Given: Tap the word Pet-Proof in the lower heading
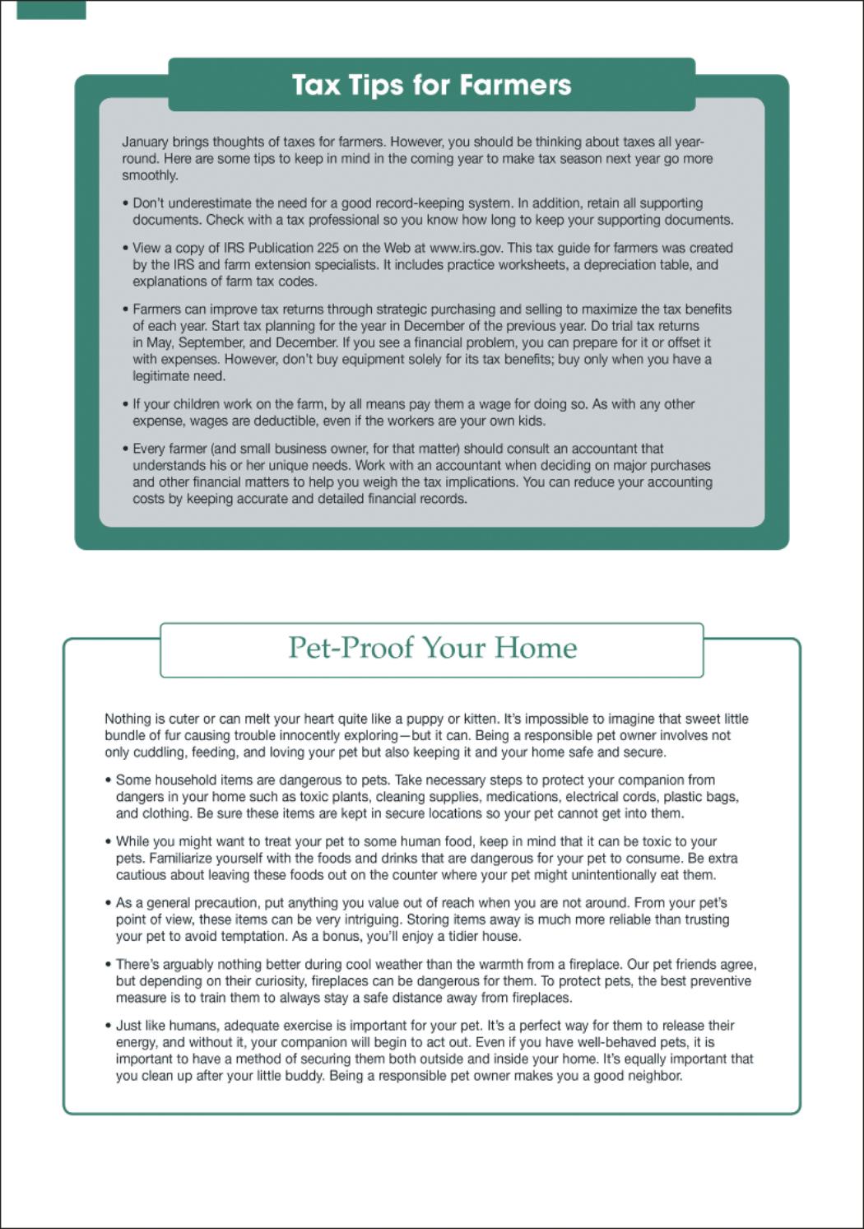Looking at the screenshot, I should pos(351,648).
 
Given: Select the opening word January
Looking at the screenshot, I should pos(145,142).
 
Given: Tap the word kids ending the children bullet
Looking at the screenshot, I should pos(531,421).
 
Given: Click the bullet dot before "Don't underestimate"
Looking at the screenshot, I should pos(125,203).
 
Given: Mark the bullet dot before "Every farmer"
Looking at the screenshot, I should pos(125,449).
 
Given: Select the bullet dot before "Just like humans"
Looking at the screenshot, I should pos(108,1026).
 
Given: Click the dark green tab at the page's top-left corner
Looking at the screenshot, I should pos(51,9).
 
